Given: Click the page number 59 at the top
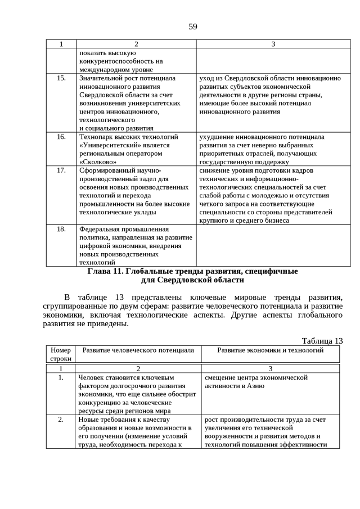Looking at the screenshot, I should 192,26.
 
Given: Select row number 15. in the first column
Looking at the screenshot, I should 62,78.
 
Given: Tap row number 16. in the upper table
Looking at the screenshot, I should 62,137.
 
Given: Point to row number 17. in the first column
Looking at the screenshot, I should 62,170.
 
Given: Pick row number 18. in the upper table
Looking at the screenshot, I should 62,229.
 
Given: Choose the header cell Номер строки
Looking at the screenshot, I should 61,354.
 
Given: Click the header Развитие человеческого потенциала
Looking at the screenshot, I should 138,350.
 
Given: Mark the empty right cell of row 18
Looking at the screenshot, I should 268,245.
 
